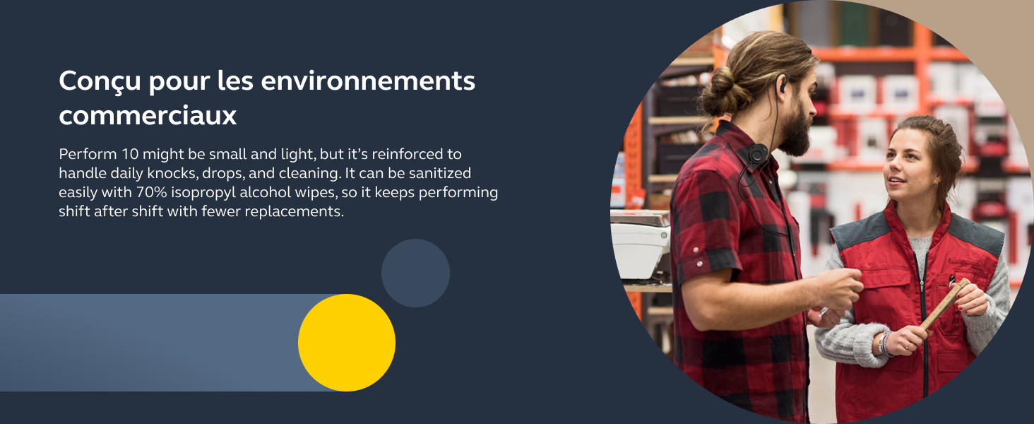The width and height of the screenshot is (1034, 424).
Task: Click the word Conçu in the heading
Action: [x=100, y=81]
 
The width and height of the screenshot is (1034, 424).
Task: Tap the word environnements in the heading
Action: [x=368, y=81]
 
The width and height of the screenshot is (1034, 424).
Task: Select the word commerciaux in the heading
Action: [x=148, y=115]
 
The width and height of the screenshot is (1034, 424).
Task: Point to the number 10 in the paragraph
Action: [x=130, y=154]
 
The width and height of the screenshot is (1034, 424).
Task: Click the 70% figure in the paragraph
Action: [x=151, y=192]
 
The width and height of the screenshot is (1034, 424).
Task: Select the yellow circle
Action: [x=347, y=343]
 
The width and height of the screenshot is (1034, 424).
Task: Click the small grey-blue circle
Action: [x=415, y=273]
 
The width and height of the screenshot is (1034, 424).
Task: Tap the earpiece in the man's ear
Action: [x=781, y=82]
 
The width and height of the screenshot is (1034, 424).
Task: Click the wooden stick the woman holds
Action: [x=940, y=305]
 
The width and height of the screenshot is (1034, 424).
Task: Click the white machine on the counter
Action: [x=640, y=249]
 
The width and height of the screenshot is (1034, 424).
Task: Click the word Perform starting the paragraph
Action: [x=88, y=154]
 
